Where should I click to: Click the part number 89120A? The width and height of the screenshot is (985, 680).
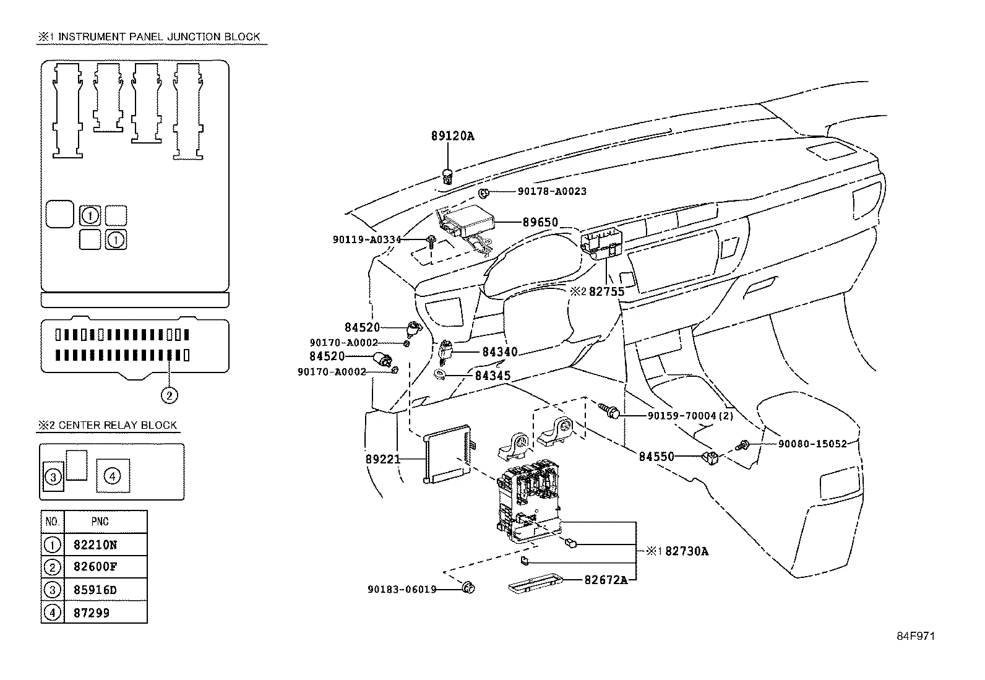pyautogui.click(x=452, y=136)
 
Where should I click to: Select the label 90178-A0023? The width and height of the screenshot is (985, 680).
pyautogui.click(x=552, y=192)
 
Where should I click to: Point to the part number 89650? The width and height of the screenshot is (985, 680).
pyautogui.click(x=540, y=222)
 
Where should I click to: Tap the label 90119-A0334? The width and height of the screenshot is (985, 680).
pyautogui.click(x=367, y=239)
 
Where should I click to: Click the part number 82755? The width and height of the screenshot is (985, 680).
pyautogui.click(x=606, y=291)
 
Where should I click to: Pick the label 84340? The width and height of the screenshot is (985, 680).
pyautogui.click(x=499, y=352)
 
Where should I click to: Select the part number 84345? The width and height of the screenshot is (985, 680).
pyautogui.click(x=492, y=376)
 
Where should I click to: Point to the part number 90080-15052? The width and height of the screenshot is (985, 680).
pyautogui.click(x=812, y=444)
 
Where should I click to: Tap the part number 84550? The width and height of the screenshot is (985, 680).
pyautogui.click(x=656, y=457)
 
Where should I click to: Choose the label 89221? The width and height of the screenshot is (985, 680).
pyautogui.click(x=382, y=459)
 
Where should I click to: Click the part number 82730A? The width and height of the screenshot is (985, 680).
pyautogui.click(x=687, y=551)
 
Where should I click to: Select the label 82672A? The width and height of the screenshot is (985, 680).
pyautogui.click(x=606, y=580)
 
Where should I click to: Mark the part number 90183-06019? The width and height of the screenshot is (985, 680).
pyautogui.click(x=402, y=590)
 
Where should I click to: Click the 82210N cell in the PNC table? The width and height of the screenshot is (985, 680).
pyautogui.click(x=95, y=545)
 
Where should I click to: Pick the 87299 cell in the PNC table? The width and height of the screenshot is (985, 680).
pyautogui.click(x=91, y=613)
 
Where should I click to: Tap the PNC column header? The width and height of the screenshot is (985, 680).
pyautogui.click(x=100, y=522)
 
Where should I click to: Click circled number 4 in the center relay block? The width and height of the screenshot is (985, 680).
pyautogui.click(x=112, y=476)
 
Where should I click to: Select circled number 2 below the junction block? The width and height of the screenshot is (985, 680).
pyautogui.click(x=169, y=394)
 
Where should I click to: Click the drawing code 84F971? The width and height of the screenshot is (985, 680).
pyautogui.click(x=916, y=636)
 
